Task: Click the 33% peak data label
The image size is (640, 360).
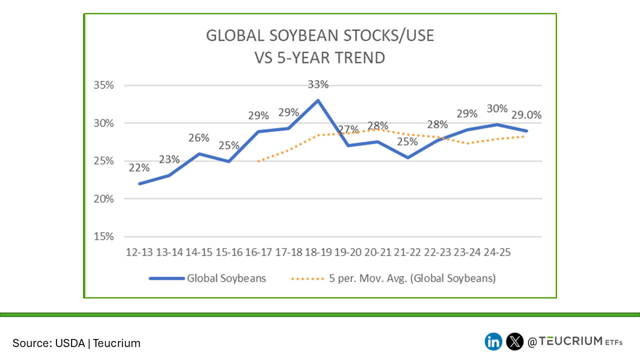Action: coord(318,84)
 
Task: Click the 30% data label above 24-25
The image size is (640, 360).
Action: coord(497,108)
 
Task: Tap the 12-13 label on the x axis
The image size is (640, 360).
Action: coord(139,252)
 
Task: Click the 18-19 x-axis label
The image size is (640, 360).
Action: coord(318,252)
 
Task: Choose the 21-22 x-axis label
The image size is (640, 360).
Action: coord(407,252)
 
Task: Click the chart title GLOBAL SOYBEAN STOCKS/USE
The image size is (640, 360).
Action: coord(320,36)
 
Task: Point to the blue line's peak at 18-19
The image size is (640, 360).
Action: coord(318,100)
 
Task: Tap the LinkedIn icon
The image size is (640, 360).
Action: coord(493,341)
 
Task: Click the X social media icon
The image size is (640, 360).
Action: coord(514,341)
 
